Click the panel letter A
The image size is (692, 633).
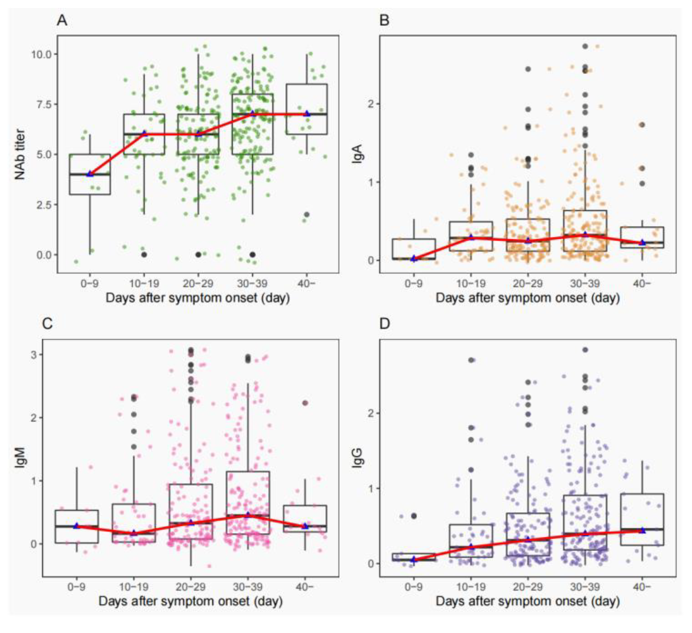[x=62, y=21]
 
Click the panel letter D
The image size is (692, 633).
[x=385, y=324]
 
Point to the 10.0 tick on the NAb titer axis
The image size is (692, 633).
[x=41, y=54]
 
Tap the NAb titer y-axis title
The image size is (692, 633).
[x=20, y=154]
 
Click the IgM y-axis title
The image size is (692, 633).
[x=20, y=458]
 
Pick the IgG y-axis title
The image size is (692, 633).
[x=357, y=458]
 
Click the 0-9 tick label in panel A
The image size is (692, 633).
[x=90, y=284]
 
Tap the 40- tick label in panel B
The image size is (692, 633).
[x=642, y=284]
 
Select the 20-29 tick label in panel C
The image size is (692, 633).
[x=191, y=587]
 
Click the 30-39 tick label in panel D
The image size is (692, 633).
[x=585, y=587]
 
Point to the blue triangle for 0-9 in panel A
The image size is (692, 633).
[x=90, y=174]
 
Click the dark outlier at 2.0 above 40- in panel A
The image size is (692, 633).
[x=307, y=214]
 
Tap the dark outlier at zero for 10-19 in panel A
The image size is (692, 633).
[x=144, y=254]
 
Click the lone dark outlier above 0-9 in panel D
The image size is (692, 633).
[x=414, y=516]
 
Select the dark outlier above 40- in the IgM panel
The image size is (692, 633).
[x=305, y=403]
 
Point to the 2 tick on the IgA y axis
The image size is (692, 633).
[x=371, y=104]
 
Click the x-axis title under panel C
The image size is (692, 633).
[x=191, y=601]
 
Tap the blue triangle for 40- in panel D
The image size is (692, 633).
[x=642, y=530]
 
